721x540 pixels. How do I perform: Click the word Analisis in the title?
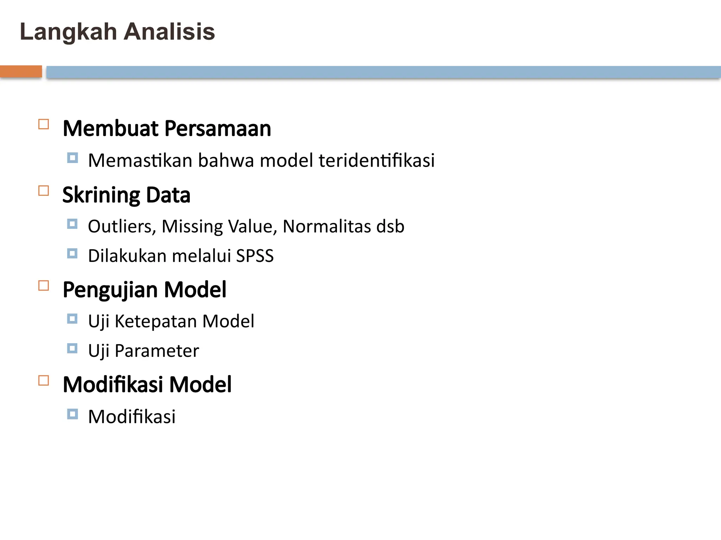[x=169, y=32]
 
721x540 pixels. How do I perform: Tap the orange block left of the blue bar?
[x=21, y=71]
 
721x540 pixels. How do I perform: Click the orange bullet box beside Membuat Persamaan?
[x=44, y=124]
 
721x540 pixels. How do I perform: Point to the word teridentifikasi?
[x=377, y=160]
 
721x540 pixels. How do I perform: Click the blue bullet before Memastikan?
[x=73, y=158]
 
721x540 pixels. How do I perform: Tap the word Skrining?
[x=101, y=195]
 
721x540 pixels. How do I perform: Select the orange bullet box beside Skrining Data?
[x=44, y=191]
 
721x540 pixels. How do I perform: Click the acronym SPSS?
[x=255, y=256]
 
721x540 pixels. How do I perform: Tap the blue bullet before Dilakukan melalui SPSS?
[x=73, y=253]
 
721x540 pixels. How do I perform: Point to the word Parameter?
[x=157, y=351]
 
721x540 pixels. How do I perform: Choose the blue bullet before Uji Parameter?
[x=73, y=348]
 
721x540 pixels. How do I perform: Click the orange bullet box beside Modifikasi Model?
[x=44, y=380]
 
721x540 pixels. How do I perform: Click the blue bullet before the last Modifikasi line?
[x=73, y=414]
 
